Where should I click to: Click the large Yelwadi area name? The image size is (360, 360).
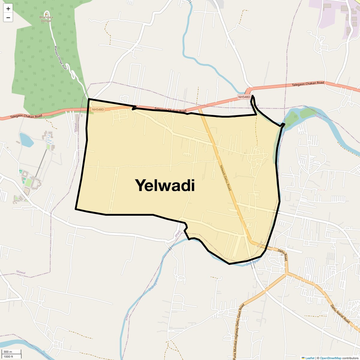click(x=165, y=185)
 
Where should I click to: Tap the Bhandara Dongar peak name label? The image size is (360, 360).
click(x=46, y=19)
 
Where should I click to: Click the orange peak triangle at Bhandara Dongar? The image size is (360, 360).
click(x=46, y=13)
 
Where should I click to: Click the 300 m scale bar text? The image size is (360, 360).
click(x=8, y=352)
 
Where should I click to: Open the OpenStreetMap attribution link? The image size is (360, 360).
click(x=331, y=358)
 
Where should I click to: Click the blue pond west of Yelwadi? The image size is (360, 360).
click(x=26, y=140)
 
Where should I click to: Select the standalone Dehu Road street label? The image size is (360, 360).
click(x=283, y=254)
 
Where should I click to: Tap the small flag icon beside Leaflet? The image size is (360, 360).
click(x=303, y=358)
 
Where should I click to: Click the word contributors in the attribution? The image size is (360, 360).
click(x=350, y=358)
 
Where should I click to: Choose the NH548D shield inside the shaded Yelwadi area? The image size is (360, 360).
click(x=98, y=109)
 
